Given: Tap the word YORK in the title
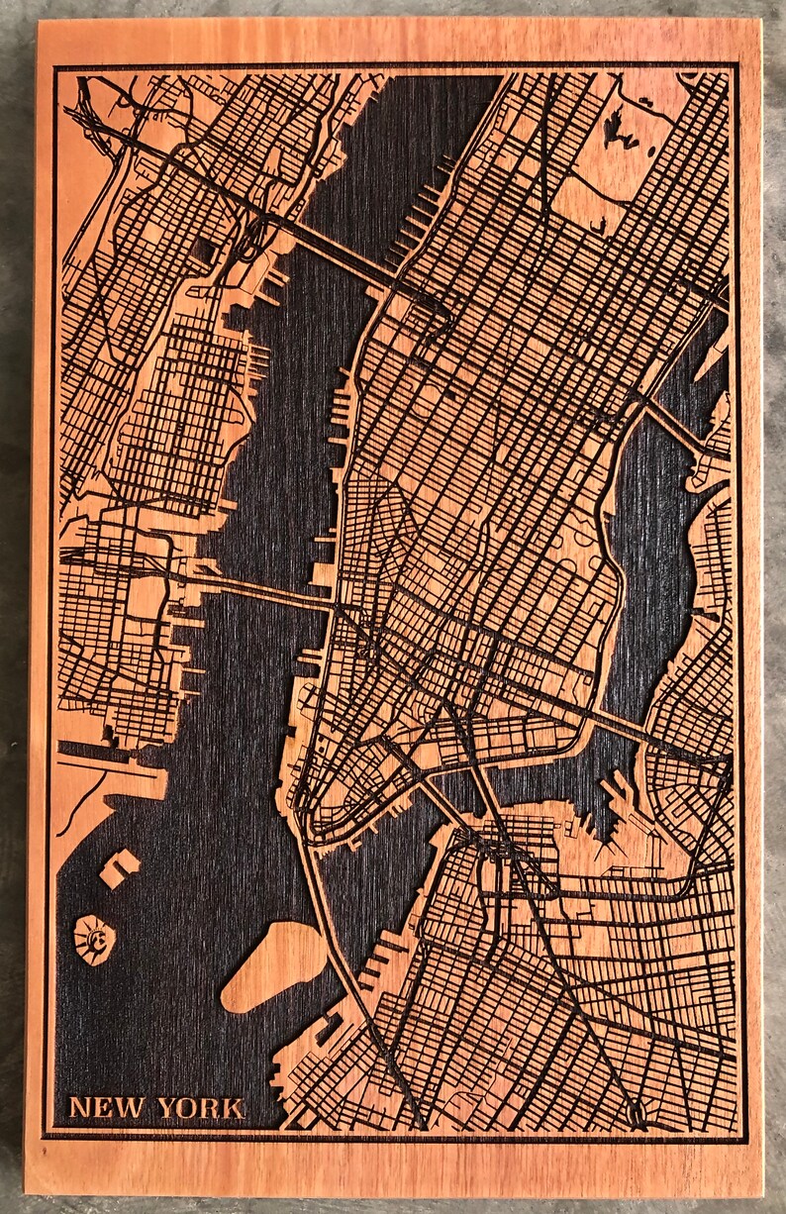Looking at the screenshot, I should point(199,1107).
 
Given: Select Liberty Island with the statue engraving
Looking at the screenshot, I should point(96,936).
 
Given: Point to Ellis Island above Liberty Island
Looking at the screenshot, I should point(119,867).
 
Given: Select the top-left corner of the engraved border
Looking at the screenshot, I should point(54,67).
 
